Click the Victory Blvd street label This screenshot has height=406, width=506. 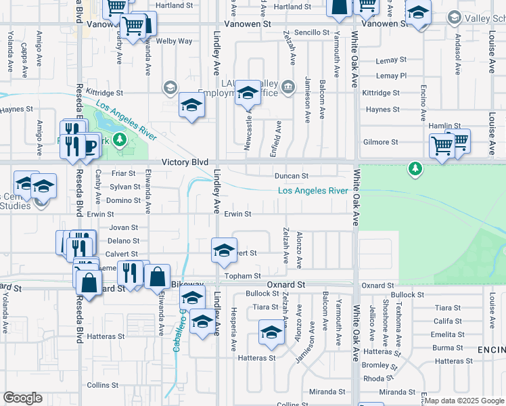[185, 163]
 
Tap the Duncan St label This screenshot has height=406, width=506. [291, 176]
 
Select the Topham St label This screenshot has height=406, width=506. [243, 276]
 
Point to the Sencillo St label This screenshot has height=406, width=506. [311, 32]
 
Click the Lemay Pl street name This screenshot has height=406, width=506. [392, 76]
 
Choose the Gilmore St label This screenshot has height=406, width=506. [380, 142]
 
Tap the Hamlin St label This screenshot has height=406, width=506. [444, 126]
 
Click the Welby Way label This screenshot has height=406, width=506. [174, 41]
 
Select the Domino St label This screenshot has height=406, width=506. [122, 201]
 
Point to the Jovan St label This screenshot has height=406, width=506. [123, 228]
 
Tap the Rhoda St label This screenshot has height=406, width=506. [373, 379]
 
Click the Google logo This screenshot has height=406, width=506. [22, 398]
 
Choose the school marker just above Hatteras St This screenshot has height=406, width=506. [271, 333]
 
